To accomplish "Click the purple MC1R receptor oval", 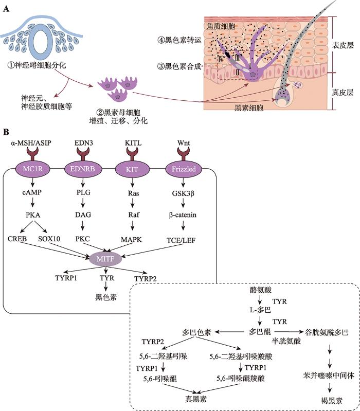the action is click(33, 169).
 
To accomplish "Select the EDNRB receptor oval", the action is click(83, 169).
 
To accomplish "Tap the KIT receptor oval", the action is click(132, 169).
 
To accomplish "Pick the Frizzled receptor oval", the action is click(184, 169).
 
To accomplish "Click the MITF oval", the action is click(105, 259).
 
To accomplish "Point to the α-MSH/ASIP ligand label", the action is click(31, 143).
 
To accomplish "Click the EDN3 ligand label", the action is click(84, 143).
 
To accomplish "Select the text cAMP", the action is click(32, 192).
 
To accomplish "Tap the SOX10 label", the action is click(49, 239).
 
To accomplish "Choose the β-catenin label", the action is click(183, 215).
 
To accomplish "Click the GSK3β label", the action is click(183, 193).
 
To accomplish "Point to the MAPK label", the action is click(131, 240).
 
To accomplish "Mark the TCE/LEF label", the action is click(181, 240).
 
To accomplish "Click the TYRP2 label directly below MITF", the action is click(146, 279).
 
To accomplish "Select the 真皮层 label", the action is click(343, 92).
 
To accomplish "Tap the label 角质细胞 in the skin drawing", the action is click(221, 26).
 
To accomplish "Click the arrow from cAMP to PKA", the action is click(32, 202).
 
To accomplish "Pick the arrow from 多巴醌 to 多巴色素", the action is click(229, 332).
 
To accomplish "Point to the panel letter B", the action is click(6, 132).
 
